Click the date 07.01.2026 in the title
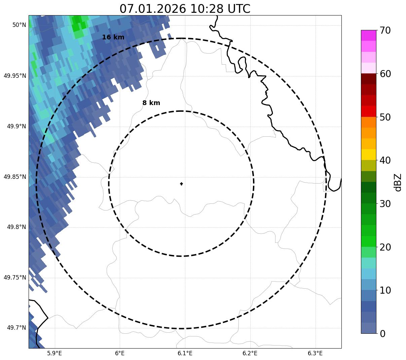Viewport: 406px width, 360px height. (x=152, y=9)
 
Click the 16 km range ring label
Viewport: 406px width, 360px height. (x=113, y=37)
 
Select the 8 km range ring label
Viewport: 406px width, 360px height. (x=151, y=103)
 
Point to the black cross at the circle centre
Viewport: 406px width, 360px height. (x=182, y=184)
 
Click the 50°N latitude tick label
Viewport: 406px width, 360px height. (x=19, y=25)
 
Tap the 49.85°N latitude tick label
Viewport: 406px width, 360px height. (x=15, y=177)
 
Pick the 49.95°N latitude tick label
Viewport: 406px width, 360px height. (x=15, y=75)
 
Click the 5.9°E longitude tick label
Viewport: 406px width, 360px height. (x=54, y=353)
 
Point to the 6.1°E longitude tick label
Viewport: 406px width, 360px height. (x=185, y=353)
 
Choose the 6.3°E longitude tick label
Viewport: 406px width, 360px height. (x=315, y=353)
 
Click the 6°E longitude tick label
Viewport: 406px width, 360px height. (x=120, y=353)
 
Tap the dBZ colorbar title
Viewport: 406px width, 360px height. (x=398, y=183)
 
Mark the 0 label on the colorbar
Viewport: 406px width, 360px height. (x=382, y=334)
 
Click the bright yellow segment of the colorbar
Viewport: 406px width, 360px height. (x=368, y=155)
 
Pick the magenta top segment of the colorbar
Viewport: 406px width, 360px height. (x=368, y=35)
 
